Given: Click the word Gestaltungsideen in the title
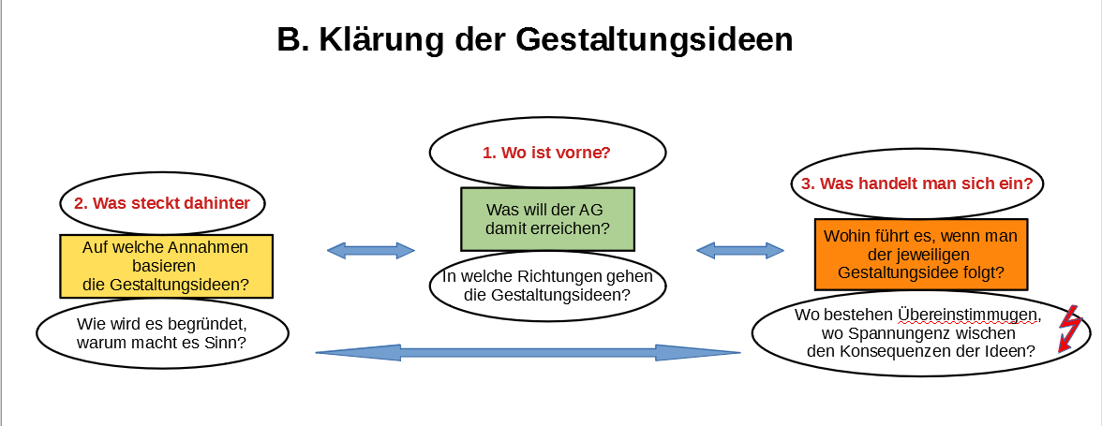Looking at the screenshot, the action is (654, 41).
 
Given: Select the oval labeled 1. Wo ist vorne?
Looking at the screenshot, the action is (547, 153).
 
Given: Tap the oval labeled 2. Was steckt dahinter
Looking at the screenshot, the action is (163, 203).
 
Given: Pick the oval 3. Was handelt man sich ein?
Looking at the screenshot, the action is (917, 184).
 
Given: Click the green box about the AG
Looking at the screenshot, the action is (547, 219).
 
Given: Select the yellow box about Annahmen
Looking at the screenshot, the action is (167, 266).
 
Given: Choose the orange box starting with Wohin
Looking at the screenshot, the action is (920, 254).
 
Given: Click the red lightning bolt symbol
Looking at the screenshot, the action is (1069, 328).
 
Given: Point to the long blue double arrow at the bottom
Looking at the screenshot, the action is (528, 352).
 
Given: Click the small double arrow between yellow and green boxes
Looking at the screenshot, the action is (371, 251).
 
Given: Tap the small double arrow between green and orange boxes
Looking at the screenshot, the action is (740, 251).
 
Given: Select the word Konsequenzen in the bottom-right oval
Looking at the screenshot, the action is (907, 352).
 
